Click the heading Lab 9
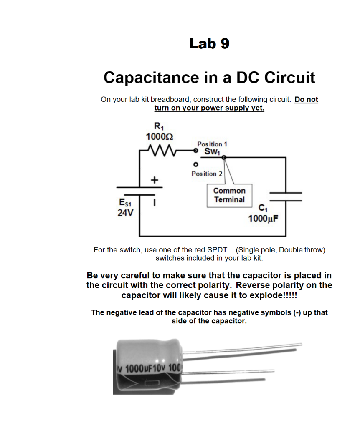(209, 43)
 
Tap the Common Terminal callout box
(229, 195)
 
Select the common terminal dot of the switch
(224, 158)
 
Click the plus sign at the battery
(155, 180)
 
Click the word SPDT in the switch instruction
(218, 250)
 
